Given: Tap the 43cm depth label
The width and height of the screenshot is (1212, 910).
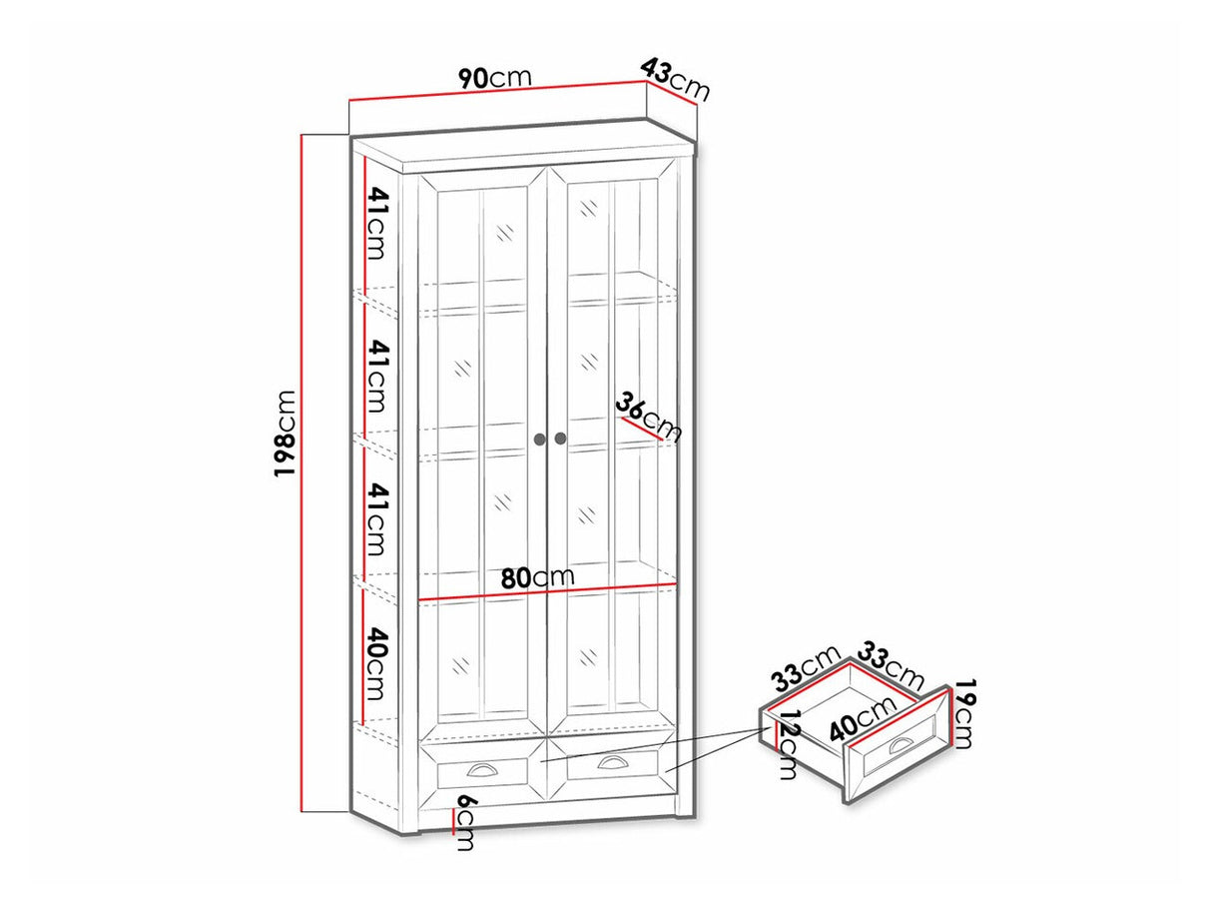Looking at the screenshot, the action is (674, 80).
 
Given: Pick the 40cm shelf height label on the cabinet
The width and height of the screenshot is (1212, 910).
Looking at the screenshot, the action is (375, 663).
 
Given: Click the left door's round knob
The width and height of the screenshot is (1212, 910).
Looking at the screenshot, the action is (539, 439).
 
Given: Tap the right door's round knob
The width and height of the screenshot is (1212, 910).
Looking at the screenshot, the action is (560, 439).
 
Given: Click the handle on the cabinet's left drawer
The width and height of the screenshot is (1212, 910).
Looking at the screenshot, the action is (480, 769).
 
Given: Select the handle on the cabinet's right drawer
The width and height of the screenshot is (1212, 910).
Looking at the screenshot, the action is (609, 762).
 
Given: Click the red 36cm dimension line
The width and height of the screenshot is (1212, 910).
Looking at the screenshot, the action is (642, 429).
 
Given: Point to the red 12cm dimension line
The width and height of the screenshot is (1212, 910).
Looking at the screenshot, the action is (777, 737).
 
